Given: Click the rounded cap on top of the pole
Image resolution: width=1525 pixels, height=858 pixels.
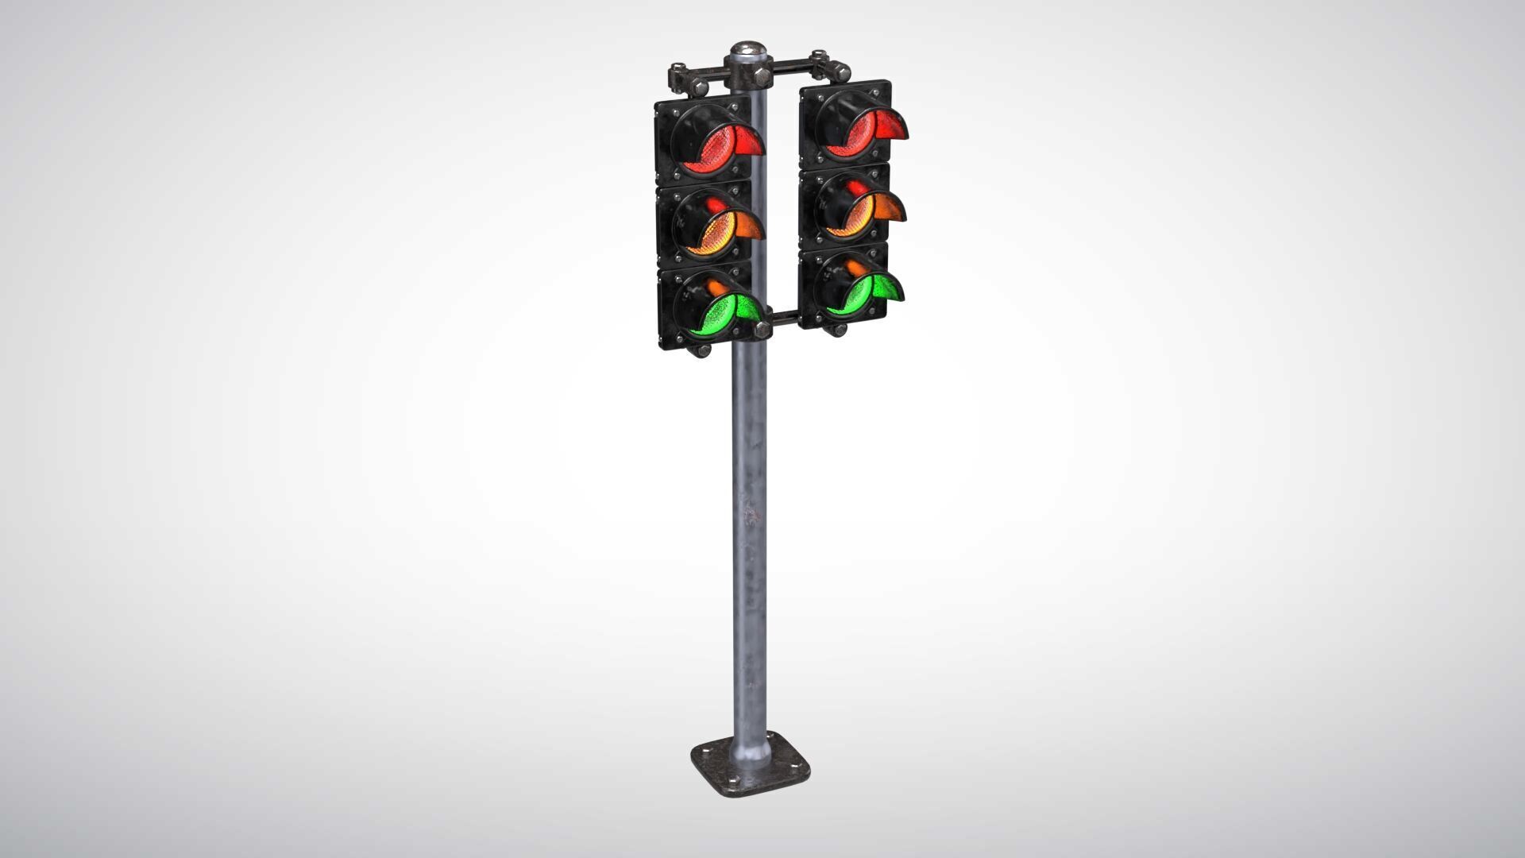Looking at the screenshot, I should tap(748, 52).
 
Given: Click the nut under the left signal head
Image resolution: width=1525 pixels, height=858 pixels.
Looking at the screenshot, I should tap(702, 350).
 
